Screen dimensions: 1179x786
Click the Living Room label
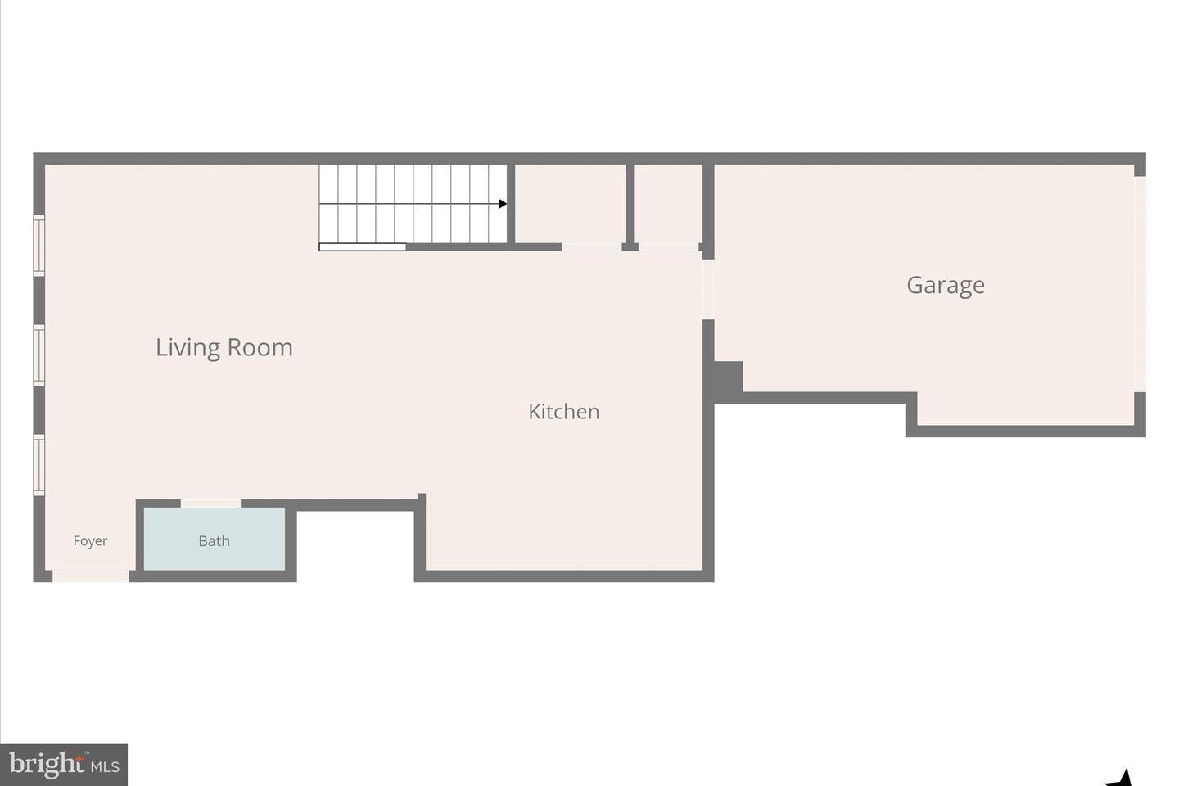[224, 347]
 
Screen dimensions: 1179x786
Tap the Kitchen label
[563, 411]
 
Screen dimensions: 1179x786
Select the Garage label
[945, 285]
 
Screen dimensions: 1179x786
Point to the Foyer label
[90, 540]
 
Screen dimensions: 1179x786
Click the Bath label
[214, 540]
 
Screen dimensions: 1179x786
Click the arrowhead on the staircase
[503, 204]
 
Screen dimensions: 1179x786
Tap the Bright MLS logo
[64, 765]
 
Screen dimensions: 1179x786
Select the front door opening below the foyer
[91, 576]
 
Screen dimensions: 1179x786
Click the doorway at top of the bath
[210, 504]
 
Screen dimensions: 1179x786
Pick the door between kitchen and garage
[708, 289]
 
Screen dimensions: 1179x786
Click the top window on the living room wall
[38, 245]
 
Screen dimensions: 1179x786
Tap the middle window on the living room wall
[38, 355]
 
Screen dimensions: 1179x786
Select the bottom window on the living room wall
[38, 464]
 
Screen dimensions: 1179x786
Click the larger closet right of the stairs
[570, 203]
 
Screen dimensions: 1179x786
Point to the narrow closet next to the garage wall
[667, 203]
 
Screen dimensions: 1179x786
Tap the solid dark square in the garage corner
[728, 377]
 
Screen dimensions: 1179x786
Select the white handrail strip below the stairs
[362, 246]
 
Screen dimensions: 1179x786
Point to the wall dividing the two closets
[630, 205]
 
